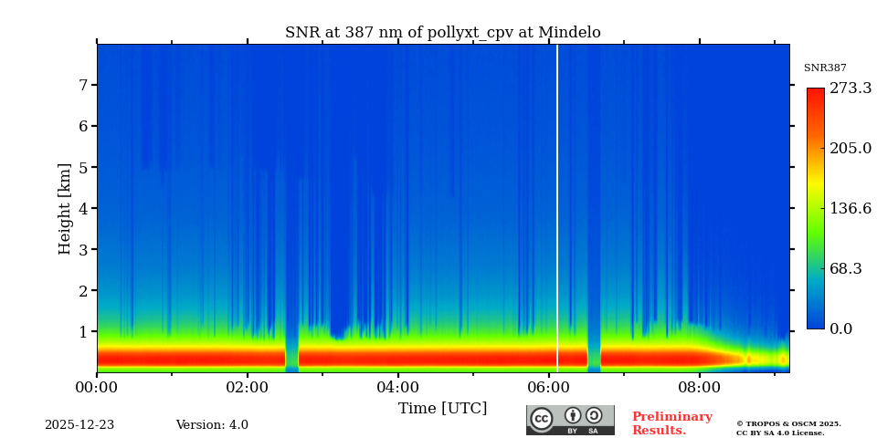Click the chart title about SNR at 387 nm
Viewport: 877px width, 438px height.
click(442, 33)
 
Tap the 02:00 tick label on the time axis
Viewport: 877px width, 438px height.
click(247, 387)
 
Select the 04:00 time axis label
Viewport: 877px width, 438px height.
click(397, 387)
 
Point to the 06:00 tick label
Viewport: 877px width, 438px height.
click(548, 387)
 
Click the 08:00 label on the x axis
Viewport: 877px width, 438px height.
click(700, 387)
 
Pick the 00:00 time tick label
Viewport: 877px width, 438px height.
click(97, 387)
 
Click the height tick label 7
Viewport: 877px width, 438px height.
click(82, 85)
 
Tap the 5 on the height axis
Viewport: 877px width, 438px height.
click(82, 168)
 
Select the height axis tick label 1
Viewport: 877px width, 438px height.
click(82, 332)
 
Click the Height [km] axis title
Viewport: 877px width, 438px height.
click(65, 208)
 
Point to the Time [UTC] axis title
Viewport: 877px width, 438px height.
click(442, 409)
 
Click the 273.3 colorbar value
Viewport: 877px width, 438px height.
click(850, 89)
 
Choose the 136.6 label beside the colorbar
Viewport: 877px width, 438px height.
click(850, 209)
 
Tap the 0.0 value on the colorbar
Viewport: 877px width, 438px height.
click(841, 329)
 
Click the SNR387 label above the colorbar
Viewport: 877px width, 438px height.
click(825, 68)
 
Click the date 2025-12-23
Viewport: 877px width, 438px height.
click(79, 425)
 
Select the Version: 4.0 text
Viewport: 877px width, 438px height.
click(212, 425)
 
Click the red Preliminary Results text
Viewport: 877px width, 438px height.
click(671, 423)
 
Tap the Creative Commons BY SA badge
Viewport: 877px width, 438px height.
click(570, 420)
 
